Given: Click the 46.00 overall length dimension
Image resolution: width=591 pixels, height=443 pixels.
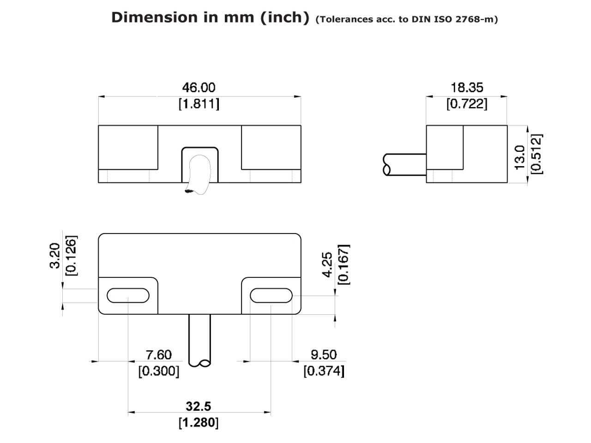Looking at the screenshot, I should (199, 88).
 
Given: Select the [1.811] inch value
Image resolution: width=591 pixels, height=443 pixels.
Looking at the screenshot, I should (199, 104).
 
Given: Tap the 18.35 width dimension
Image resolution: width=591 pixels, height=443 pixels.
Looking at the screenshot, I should (466, 88).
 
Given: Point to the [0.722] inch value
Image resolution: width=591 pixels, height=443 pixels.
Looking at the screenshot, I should (466, 104).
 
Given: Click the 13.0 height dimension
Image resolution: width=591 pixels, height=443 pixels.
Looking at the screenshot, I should (520, 157).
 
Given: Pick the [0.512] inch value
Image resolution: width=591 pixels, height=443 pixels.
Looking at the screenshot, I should (537, 154).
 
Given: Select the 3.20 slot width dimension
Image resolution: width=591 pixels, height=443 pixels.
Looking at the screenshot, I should (55, 256).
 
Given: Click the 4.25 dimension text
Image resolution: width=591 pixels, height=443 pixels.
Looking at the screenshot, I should (327, 264).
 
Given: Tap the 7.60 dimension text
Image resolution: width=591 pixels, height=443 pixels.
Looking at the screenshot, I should (158, 355).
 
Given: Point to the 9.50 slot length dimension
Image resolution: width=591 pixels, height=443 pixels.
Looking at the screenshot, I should (324, 355).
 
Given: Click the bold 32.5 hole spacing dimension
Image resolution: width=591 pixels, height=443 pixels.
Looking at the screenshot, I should (199, 406).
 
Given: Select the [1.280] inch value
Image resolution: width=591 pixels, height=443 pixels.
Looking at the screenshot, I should (199, 422).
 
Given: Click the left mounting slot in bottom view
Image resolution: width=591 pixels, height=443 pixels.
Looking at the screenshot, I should (128, 295).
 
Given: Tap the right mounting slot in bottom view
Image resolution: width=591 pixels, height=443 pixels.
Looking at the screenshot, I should (271, 295).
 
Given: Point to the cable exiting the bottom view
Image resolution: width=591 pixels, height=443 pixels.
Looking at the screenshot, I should (199, 339).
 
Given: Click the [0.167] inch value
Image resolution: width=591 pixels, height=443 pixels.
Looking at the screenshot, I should (344, 264).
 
